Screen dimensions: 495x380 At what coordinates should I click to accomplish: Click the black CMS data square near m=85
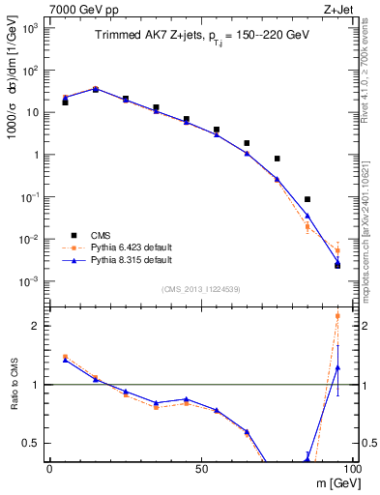click(x=307, y=199)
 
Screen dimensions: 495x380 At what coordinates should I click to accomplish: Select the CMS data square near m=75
click(x=278, y=159)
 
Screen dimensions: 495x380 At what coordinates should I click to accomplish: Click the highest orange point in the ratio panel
click(x=337, y=316)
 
